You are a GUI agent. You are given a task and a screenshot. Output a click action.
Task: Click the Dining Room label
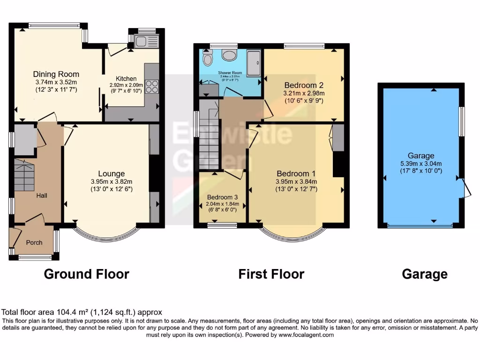click(x=56, y=74)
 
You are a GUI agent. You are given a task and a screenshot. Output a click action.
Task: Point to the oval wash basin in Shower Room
click(x=230, y=55)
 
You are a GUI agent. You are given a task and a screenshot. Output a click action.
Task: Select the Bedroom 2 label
click(x=304, y=85)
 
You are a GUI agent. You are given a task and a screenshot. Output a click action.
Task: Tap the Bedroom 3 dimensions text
click(x=223, y=204)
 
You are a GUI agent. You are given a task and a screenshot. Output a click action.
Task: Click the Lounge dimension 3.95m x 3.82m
click(x=112, y=182)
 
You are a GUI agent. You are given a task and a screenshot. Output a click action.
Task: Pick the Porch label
click(x=34, y=242)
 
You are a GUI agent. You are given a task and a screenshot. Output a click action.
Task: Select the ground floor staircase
click(x=26, y=174)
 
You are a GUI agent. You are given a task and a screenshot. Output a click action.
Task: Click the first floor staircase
click(x=208, y=138)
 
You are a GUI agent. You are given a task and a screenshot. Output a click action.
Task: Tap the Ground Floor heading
click(x=86, y=274)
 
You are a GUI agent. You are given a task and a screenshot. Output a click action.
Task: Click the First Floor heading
click(x=271, y=274)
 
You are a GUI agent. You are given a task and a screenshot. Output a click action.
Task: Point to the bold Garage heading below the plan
click(x=424, y=274)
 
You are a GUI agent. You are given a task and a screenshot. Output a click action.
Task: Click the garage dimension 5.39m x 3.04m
click(x=420, y=164)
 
